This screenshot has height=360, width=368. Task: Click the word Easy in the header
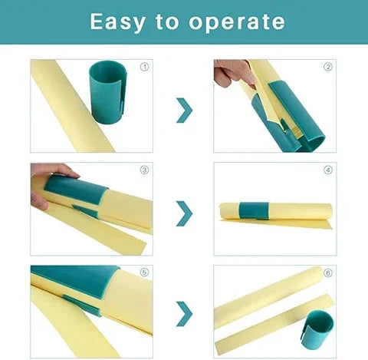pos(117,21)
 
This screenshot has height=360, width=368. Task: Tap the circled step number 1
pos(143,67)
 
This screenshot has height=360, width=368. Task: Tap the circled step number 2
pos(327,67)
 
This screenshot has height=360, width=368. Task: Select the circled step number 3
pos(143,170)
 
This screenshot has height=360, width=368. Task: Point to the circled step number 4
pos(327,170)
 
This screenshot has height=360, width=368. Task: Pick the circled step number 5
pos(143,272)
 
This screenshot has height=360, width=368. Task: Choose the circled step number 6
pos(327,272)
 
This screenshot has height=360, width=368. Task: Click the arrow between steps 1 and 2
pos(184,110)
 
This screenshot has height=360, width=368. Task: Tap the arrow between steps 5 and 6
pos(184,313)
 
